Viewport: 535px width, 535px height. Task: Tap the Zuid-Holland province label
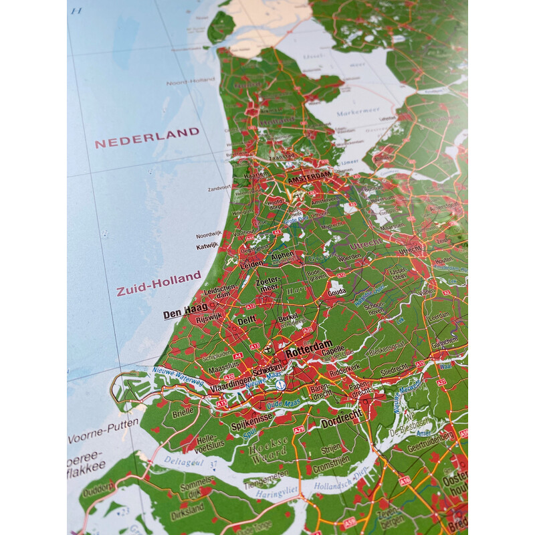[158, 284]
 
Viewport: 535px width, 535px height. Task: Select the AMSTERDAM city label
[310, 177]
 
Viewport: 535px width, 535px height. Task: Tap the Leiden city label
[251, 264]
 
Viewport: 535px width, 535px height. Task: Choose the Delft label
[246, 321]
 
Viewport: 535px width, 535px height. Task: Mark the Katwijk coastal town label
[207, 246]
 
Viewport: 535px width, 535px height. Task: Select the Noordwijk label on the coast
[209, 235]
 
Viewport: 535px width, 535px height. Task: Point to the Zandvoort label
[219, 189]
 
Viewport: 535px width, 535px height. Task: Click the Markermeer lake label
[358, 113]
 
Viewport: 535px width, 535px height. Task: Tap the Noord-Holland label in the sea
[191, 82]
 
